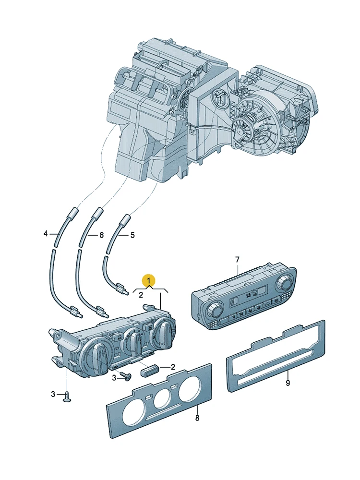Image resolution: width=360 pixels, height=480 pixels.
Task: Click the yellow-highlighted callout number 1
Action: (149, 280)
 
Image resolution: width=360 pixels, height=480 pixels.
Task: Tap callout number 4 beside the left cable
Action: (46, 234)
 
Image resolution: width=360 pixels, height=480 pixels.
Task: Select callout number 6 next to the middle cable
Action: (101, 235)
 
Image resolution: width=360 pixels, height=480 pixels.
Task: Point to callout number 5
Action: (132, 235)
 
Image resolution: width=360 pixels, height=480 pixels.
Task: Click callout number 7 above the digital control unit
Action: (237, 260)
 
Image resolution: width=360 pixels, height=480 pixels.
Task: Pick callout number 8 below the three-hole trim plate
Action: (197, 418)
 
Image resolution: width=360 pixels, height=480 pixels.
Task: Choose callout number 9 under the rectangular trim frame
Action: (288, 383)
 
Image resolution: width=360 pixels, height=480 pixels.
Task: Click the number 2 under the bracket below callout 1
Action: (141, 295)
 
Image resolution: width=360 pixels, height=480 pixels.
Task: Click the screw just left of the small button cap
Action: (126, 376)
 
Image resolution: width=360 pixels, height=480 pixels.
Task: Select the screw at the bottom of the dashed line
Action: (67, 397)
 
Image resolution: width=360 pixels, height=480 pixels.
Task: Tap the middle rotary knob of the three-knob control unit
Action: (134, 342)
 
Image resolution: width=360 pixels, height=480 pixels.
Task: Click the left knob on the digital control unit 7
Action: (214, 311)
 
